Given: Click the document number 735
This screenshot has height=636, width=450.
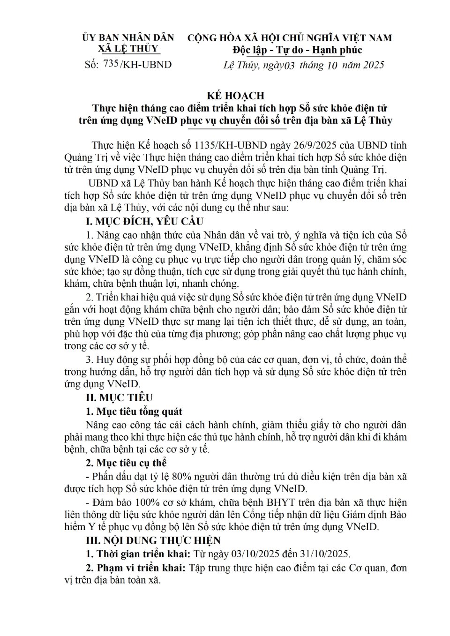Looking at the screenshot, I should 111,64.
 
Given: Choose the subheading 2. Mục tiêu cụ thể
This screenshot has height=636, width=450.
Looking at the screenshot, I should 127,463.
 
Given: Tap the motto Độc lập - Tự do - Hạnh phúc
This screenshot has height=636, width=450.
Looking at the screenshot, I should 297,50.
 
